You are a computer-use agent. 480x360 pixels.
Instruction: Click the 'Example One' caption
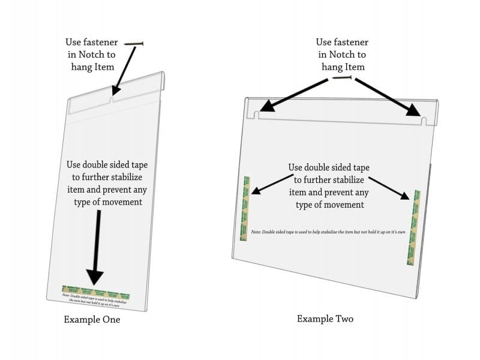(x=92, y=320)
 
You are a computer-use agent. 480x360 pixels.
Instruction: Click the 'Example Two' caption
(x=325, y=319)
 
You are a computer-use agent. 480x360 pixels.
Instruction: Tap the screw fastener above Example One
(x=134, y=44)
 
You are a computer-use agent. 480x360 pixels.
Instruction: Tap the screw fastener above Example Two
(x=342, y=77)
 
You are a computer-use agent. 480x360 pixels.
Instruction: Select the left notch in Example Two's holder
(x=256, y=113)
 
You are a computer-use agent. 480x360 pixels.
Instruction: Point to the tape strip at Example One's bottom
(x=96, y=293)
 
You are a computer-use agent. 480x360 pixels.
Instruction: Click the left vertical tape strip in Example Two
(x=245, y=208)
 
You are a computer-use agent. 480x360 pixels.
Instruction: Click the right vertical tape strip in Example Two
(x=413, y=227)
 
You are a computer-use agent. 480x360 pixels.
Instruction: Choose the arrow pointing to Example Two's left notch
(x=295, y=95)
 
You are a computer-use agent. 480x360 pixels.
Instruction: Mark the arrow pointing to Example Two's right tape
(x=389, y=187)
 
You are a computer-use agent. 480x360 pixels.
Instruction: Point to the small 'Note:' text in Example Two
(x=256, y=231)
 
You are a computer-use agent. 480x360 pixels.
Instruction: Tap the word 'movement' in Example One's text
(x=123, y=202)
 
